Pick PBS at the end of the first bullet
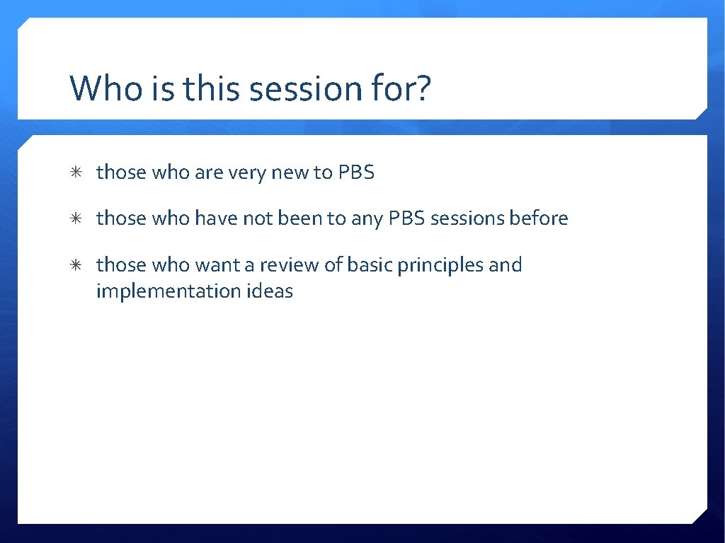(355, 173)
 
